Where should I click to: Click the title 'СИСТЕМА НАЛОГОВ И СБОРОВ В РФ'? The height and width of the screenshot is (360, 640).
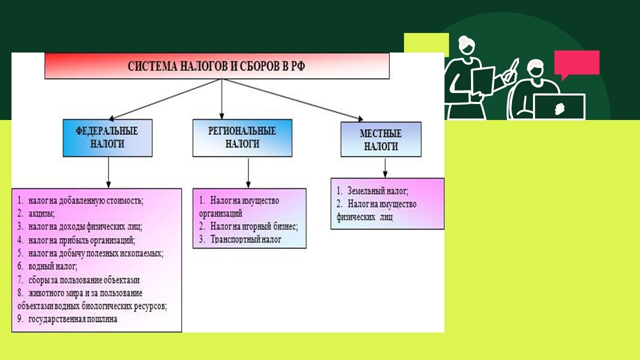click(x=216, y=66)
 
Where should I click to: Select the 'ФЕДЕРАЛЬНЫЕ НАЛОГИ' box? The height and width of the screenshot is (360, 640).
click(x=107, y=138)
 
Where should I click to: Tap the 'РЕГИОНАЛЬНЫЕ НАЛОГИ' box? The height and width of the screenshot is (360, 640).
click(x=242, y=138)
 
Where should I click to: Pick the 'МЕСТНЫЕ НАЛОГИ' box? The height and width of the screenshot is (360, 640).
click(x=381, y=139)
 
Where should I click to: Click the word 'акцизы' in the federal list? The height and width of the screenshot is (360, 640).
click(x=41, y=213)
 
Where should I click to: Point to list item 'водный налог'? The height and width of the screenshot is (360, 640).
click(x=53, y=266)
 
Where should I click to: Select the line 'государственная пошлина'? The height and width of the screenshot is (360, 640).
click(x=73, y=319)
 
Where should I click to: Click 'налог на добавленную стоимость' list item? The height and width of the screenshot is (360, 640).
click(x=85, y=201)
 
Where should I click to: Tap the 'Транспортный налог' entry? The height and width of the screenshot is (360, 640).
click(x=245, y=239)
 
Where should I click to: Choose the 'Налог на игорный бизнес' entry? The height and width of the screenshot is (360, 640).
click(x=254, y=226)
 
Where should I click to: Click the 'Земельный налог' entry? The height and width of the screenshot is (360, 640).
click(x=377, y=191)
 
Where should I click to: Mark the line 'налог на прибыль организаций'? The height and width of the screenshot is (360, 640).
click(x=81, y=240)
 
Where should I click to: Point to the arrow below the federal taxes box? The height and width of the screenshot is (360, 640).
click(x=108, y=172)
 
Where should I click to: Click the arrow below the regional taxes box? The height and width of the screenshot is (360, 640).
click(x=248, y=173)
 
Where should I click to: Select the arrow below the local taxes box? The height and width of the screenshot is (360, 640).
click(x=385, y=168)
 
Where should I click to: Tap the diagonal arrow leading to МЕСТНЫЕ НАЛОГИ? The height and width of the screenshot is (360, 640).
click(x=293, y=99)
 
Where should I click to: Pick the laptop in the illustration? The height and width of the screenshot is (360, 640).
click(x=559, y=107)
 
